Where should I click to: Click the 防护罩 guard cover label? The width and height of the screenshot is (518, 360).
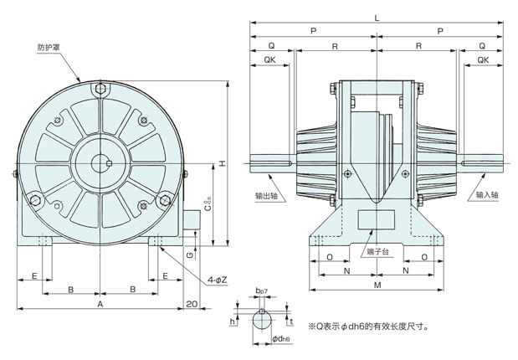(x=49, y=48)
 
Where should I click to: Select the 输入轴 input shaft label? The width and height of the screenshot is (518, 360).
(x=487, y=195)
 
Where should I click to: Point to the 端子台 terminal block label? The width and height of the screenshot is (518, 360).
(x=378, y=252)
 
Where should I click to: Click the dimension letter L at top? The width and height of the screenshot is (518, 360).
(x=377, y=18)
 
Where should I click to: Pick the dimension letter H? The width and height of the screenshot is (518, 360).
(x=223, y=163)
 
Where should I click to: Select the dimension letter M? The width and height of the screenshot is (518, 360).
(x=377, y=285)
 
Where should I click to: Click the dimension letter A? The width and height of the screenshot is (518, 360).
(x=100, y=304)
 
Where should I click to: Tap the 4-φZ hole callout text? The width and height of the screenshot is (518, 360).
(x=217, y=280)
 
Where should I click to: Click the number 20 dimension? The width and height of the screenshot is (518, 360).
(x=192, y=304)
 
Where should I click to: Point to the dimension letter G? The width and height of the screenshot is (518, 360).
(x=190, y=255)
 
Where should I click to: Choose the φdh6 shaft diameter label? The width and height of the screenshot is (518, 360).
(x=281, y=339)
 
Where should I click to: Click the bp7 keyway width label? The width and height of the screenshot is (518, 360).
(x=261, y=291)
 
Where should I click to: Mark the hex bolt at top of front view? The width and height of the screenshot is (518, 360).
(x=100, y=89)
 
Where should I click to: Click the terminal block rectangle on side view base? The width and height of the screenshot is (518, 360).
(x=377, y=219)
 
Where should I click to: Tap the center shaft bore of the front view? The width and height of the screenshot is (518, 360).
(x=100, y=163)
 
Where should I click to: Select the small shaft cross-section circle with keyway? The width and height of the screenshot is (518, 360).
(x=262, y=320)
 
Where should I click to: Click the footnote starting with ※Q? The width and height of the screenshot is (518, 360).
(x=368, y=327)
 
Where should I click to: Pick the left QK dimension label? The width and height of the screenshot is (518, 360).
(x=269, y=59)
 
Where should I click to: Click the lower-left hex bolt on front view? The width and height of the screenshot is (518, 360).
(x=35, y=200)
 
